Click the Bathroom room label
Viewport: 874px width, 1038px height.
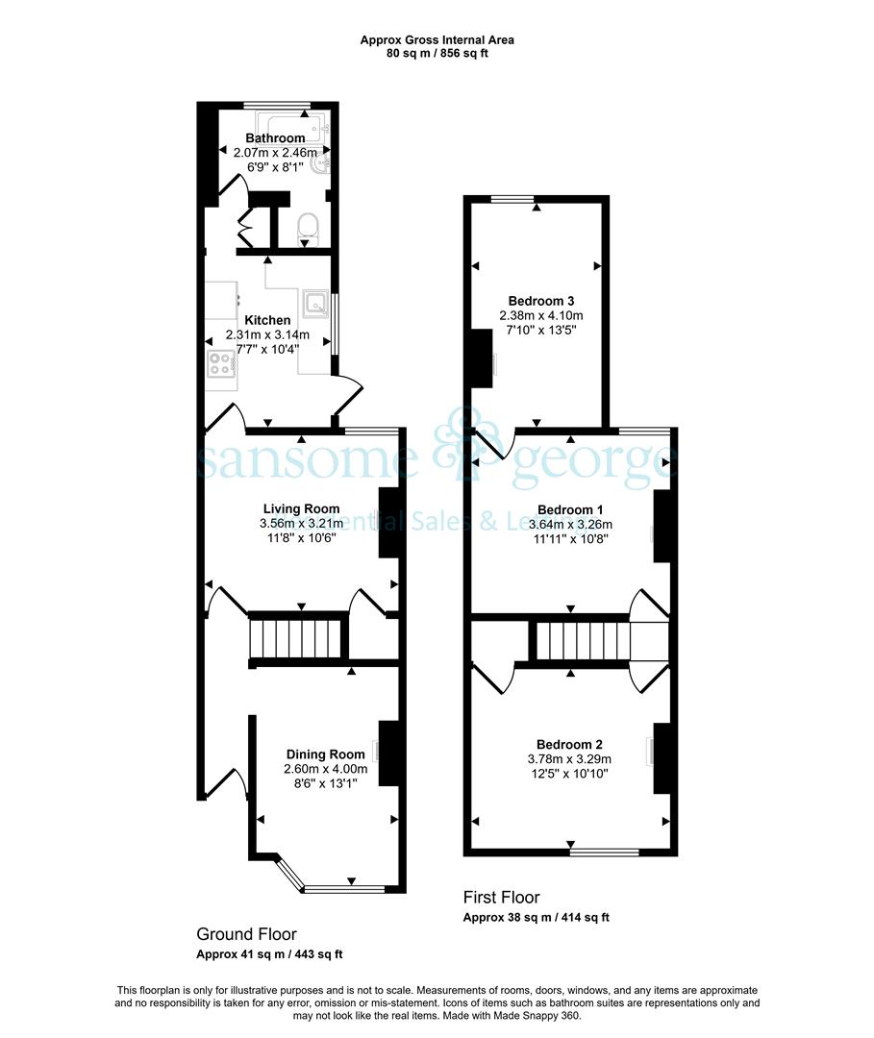[x=275, y=137]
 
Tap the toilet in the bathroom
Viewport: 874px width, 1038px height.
[x=308, y=226]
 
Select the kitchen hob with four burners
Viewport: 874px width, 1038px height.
[x=220, y=363]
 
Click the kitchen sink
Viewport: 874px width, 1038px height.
[x=315, y=303]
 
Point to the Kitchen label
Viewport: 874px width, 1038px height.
[x=267, y=320]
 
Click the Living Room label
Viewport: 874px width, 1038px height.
[x=301, y=508]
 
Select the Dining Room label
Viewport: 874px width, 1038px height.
[x=325, y=754]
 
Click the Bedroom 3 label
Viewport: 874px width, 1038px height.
[x=541, y=301]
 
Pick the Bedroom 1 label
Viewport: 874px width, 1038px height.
[x=570, y=509]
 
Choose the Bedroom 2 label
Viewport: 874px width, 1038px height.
[x=569, y=744]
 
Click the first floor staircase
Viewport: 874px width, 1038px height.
[x=583, y=640]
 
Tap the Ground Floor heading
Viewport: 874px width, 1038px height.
[x=246, y=934]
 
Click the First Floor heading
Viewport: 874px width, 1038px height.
[x=501, y=897]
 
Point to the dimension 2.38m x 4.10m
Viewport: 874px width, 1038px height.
[x=541, y=315]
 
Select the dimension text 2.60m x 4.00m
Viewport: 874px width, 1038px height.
[x=325, y=769]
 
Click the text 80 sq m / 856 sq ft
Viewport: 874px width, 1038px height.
[x=437, y=53]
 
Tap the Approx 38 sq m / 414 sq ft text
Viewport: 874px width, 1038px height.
[x=536, y=918]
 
